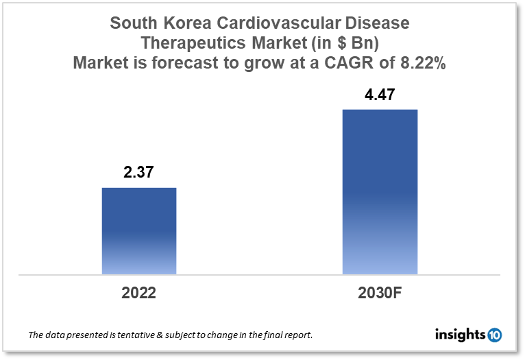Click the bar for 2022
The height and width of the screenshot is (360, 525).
point(139,231)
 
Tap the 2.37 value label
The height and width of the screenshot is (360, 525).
point(139,173)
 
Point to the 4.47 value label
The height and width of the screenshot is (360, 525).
point(380,94)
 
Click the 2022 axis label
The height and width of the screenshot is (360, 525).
point(139,293)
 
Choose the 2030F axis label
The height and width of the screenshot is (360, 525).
point(380,293)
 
